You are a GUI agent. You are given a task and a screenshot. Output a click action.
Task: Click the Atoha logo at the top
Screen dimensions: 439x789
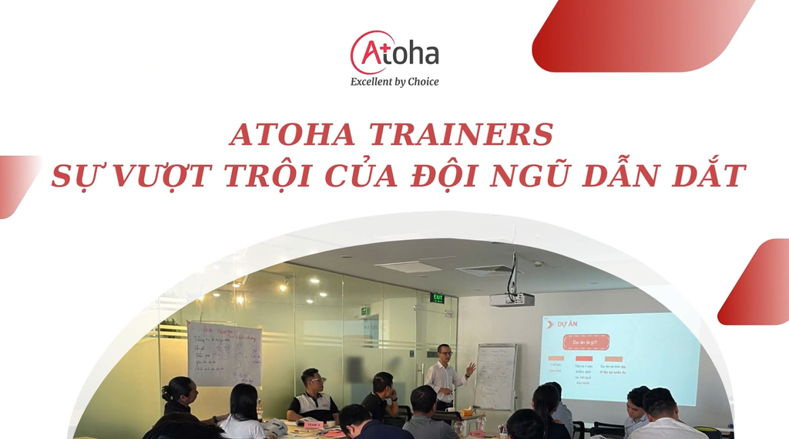coord(394,52)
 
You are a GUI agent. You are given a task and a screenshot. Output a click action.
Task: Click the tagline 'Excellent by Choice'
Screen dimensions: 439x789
coord(394,82)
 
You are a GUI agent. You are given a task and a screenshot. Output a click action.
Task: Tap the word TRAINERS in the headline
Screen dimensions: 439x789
coord(461,135)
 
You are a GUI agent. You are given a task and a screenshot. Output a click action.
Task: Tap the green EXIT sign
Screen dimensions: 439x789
coord(437,298)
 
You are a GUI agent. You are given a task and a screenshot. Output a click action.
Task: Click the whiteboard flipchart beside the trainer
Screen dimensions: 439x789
coord(495,376)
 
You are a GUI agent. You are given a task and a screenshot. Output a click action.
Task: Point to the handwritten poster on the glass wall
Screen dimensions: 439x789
coord(224,353)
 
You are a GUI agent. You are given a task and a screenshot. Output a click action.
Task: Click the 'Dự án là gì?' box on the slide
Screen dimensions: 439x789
coord(586,342)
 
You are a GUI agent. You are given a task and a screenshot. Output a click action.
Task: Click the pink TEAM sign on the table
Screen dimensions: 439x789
coord(313,424)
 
